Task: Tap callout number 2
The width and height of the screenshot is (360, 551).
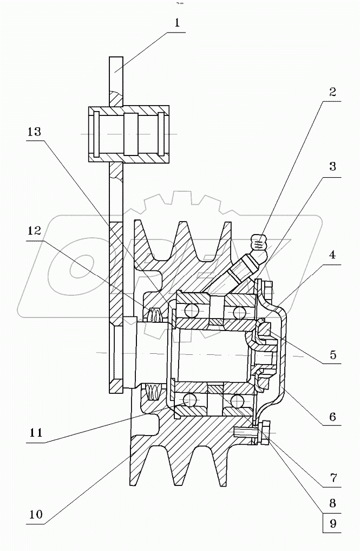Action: point(332,92)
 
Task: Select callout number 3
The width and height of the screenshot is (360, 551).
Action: point(332,166)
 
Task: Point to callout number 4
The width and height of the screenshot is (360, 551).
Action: point(332,254)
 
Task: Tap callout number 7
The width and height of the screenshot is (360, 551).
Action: point(332,478)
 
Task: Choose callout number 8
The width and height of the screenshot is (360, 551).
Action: point(332,502)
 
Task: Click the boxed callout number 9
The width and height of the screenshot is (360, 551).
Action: point(332,523)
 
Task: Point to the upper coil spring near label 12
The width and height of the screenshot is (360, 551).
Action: point(155,315)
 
